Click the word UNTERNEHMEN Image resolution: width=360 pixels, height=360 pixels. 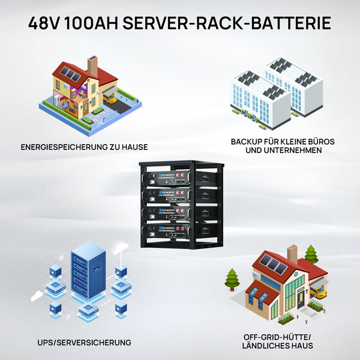coord(293,151)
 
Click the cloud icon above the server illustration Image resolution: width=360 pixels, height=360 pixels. coord(121,248)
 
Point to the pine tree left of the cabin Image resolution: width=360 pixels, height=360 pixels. coord(232,280)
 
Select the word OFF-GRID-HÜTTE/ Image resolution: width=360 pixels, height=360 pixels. coord(278,337)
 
